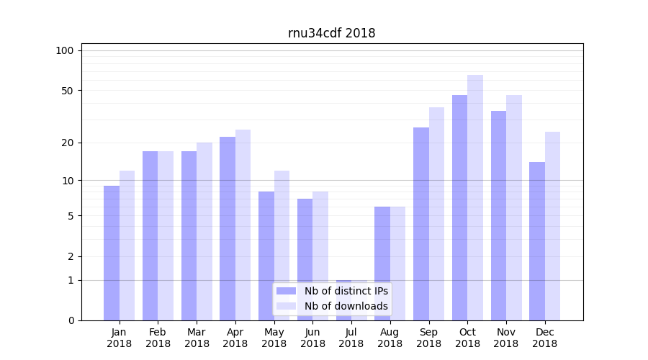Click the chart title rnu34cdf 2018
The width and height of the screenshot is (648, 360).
point(331,33)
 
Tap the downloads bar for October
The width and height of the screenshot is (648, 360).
point(475,197)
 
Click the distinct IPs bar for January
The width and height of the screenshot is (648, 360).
point(112,253)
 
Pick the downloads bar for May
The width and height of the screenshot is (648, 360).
point(282,245)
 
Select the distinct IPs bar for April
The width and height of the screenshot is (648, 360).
point(228,228)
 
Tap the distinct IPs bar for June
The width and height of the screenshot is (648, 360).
point(305,259)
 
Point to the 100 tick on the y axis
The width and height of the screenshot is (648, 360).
point(65,50)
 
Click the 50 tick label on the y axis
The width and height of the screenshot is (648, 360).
point(67,91)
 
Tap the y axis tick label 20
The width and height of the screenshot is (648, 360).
point(67,143)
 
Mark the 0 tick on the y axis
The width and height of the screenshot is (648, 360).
point(71,320)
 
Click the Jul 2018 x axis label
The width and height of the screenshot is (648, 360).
point(351,338)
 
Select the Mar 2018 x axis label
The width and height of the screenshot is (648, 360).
point(197,338)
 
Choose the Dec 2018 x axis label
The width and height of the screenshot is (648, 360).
point(544,338)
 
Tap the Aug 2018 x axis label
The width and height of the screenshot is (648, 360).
point(390,338)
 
